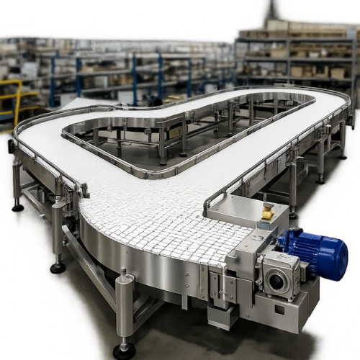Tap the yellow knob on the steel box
(267, 212)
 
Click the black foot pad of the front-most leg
(124, 351)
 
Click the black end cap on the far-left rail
(11, 146)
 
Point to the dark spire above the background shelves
(272, 10)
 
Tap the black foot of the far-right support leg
(320, 180)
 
